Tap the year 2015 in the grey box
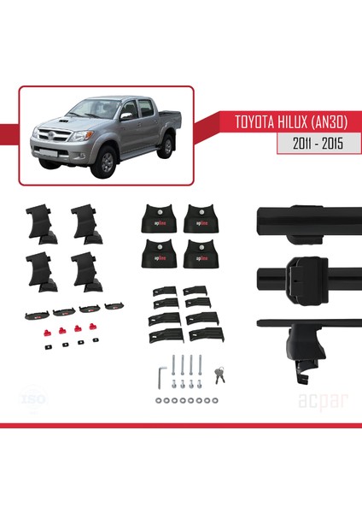tap(331, 144)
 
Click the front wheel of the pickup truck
tap(104, 162)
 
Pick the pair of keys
tap(221, 373)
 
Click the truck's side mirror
tap(126, 115)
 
